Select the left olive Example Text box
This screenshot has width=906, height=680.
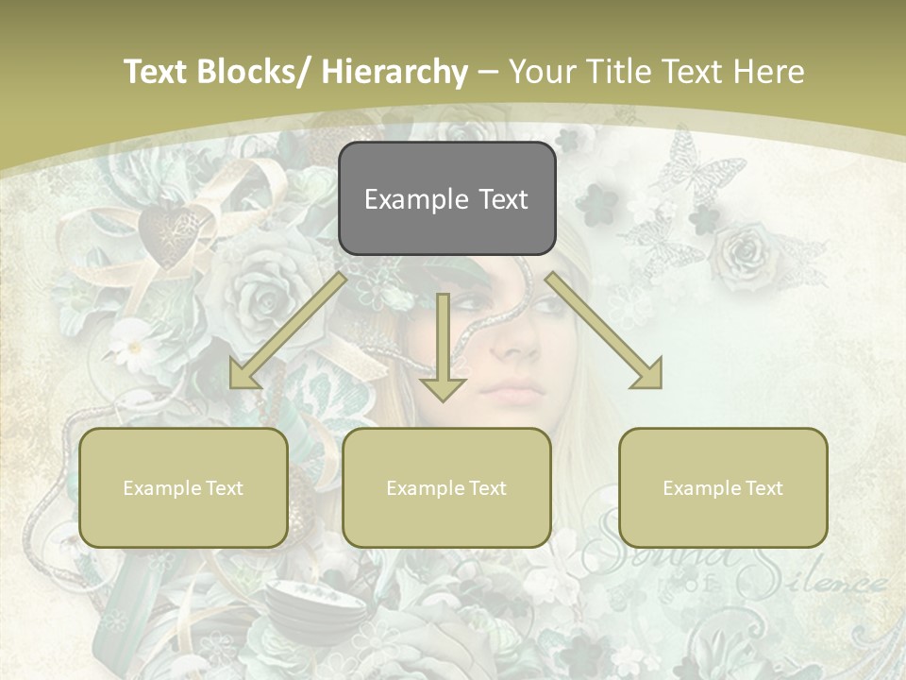[x=183, y=487]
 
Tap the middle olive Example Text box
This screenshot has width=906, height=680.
[x=446, y=487]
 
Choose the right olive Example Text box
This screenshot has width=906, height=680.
[x=723, y=487]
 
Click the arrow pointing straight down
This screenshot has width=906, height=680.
[x=443, y=349]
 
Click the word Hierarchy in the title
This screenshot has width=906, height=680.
[x=394, y=72]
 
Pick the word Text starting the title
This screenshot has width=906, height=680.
[x=157, y=72]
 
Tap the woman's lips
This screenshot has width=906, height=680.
[x=513, y=389]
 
